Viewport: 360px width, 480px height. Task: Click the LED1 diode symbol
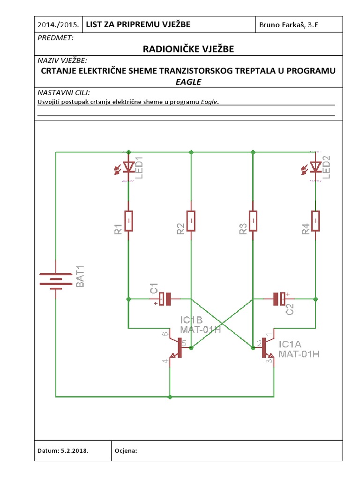click(128, 167)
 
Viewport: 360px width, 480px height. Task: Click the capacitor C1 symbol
click(165, 299)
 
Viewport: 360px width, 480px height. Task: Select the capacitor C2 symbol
click(280, 298)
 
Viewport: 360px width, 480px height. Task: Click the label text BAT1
click(80, 277)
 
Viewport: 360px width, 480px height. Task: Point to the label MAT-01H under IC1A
click(299, 354)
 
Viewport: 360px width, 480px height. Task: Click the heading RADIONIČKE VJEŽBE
click(188, 49)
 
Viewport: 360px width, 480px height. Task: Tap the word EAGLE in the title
click(188, 81)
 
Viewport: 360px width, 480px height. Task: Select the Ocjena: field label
click(126, 450)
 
